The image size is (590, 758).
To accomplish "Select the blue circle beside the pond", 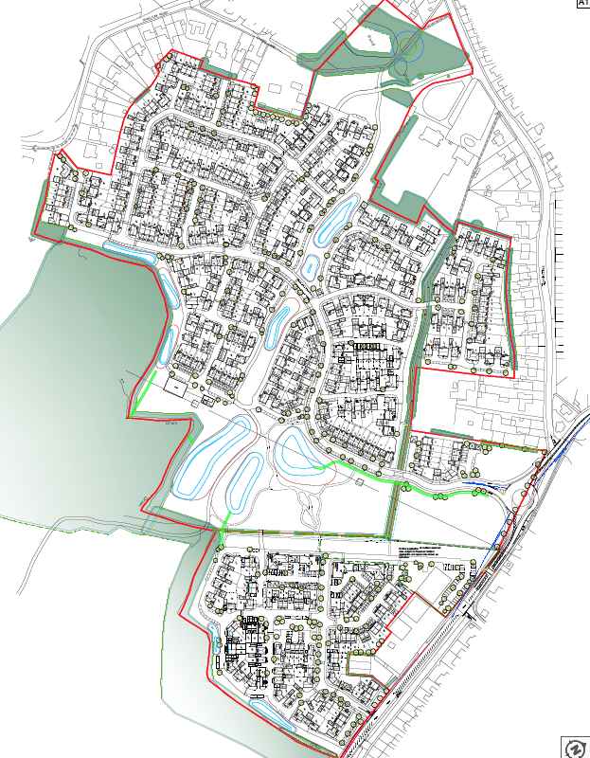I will point(409,46).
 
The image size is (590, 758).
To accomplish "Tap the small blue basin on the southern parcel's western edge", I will point(216,653).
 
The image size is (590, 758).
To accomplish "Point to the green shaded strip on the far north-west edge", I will point(41,204).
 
